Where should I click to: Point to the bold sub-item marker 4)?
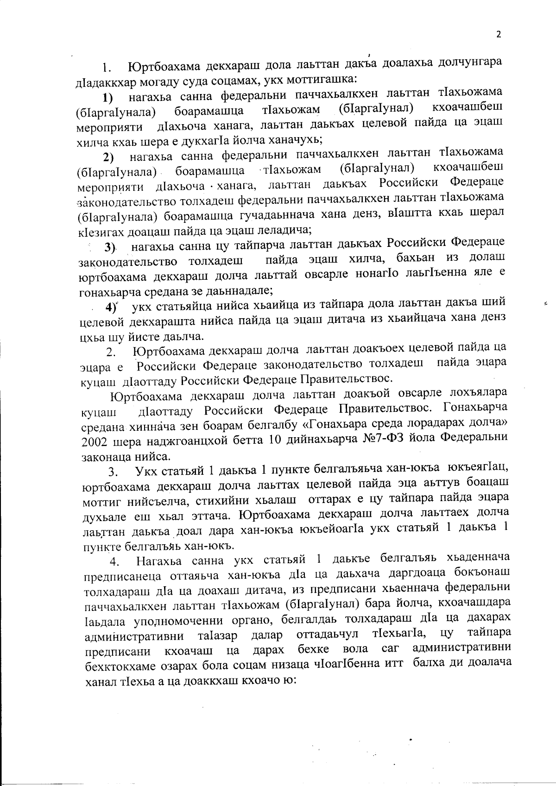point(111,307)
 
